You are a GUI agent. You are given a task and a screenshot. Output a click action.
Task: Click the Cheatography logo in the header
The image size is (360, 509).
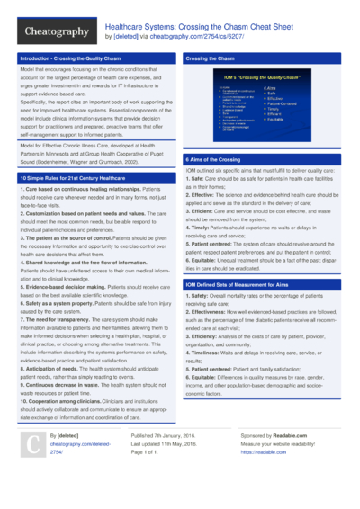[x=57, y=32]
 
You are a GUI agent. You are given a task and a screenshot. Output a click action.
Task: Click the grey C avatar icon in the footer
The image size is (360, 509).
[x=32, y=470]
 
